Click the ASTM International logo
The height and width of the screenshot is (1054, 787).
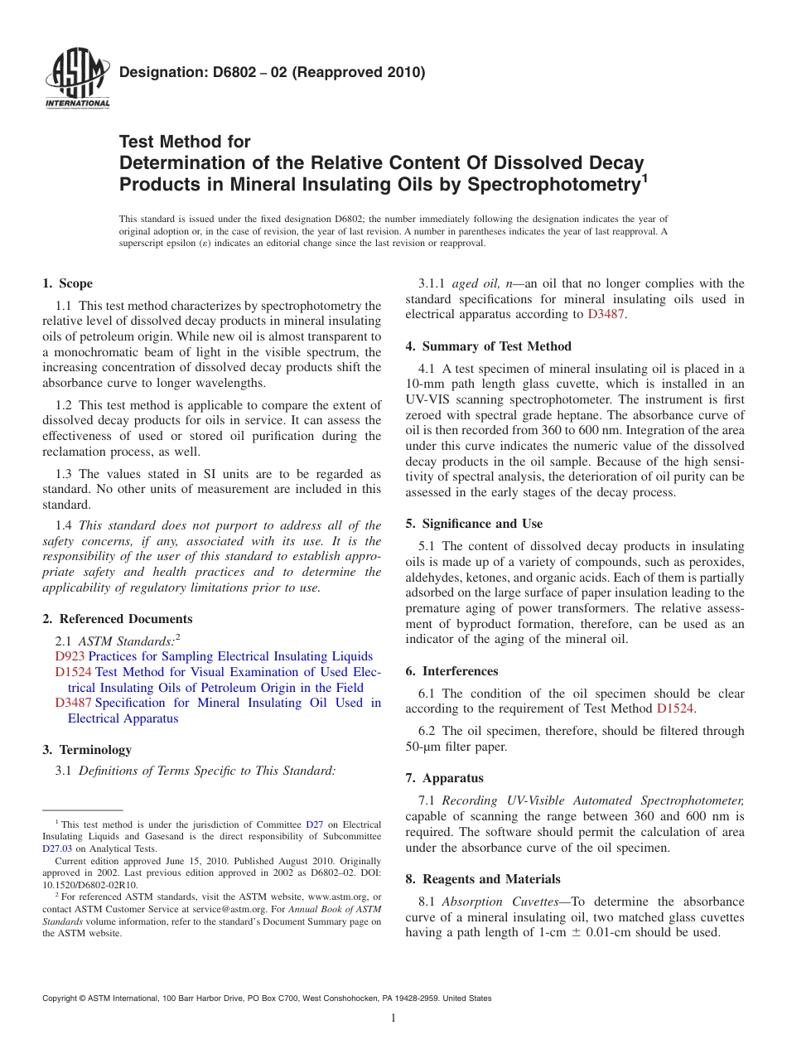76,80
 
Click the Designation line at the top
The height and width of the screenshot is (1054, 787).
272,72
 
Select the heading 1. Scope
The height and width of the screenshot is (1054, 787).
68,283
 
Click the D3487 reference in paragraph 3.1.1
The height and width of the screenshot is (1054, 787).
607,314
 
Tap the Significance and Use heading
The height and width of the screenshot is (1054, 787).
474,524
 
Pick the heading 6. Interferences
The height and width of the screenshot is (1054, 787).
451,671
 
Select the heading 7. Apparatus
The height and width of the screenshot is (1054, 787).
444,778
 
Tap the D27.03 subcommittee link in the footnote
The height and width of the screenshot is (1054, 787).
57,849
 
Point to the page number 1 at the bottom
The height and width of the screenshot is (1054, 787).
393,1018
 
